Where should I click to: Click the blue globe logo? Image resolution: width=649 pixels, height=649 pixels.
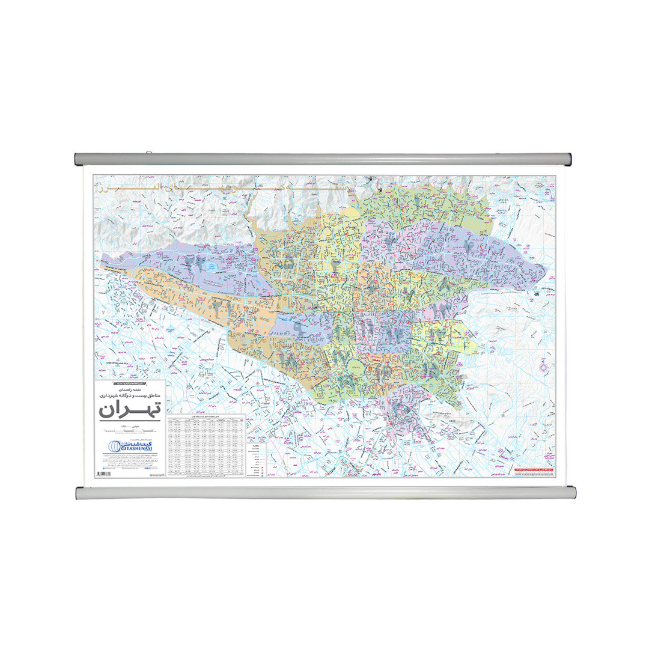[112, 446]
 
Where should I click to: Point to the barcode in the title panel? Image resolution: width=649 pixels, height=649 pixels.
[103, 475]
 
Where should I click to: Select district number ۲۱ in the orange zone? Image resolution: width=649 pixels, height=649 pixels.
[216, 306]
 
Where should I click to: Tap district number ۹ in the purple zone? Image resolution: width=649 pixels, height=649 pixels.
[299, 328]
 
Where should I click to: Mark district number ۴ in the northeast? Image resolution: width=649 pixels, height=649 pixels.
[470, 245]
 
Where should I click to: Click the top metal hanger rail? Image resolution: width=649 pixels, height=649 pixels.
[324, 159]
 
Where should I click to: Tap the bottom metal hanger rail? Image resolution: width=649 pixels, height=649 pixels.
[324, 493]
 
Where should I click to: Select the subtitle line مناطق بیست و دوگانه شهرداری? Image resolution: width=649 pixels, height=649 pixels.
[129, 396]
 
